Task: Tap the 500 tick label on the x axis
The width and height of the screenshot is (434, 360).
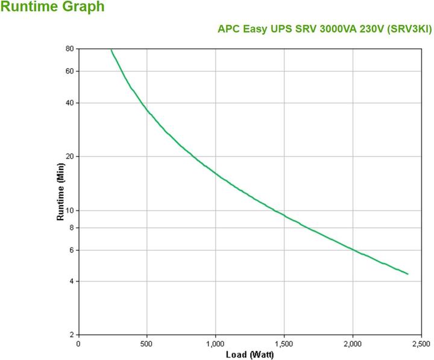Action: click(x=147, y=344)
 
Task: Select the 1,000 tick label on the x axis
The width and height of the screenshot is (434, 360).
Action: click(x=215, y=344)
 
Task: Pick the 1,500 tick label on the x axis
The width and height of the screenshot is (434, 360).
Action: click(x=284, y=344)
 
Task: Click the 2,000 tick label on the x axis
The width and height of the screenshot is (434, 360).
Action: click(x=353, y=344)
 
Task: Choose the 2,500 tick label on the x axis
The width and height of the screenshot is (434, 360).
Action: click(x=421, y=344)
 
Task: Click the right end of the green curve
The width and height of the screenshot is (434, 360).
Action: click(x=408, y=274)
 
